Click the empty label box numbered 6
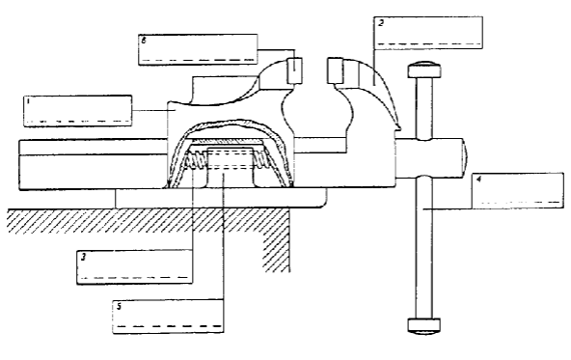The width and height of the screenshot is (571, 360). click(200, 48)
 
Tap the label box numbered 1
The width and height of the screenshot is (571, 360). click(76, 109)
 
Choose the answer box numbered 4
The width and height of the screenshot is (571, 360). click(516, 189)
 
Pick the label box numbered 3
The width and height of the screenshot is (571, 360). click(135, 268)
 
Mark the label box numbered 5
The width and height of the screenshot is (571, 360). click(168, 316)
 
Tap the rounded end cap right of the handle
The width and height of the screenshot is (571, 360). click(465, 152)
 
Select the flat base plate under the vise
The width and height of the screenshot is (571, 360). click(222, 197)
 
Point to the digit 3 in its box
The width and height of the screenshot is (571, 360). click(84, 258)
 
